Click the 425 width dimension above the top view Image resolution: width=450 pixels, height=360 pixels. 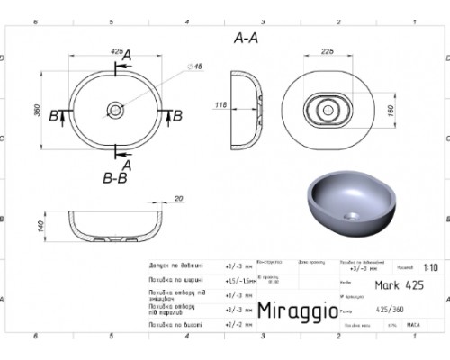click(x=116, y=52)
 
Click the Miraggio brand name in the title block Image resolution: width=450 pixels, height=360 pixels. click(x=293, y=310)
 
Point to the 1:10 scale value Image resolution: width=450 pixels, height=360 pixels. click(x=429, y=267)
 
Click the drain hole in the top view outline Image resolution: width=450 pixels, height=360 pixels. click(x=116, y=110)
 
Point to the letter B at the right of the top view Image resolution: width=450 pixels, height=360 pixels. click(x=177, y=114)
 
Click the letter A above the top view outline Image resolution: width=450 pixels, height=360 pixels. click(x=127, y=58)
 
